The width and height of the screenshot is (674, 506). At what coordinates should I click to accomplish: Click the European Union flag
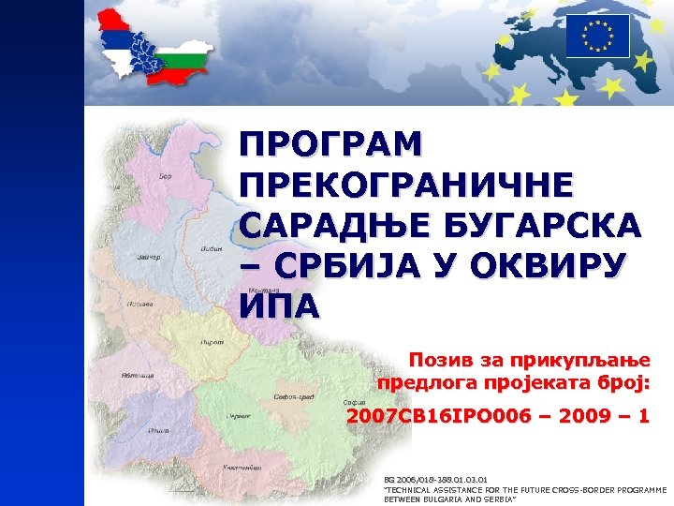click(x=597, y=37)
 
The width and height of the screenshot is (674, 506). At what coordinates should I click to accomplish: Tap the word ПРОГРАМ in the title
click(x=330, y=146)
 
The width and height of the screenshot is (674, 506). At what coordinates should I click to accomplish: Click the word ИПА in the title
click(x=279, y=305)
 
